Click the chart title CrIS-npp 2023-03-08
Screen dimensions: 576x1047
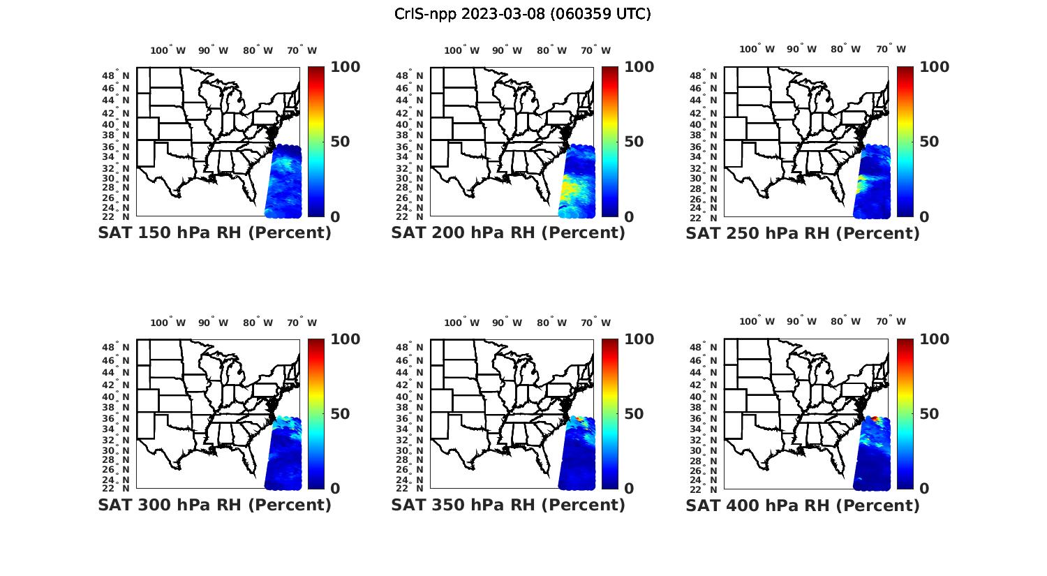coord(522,14)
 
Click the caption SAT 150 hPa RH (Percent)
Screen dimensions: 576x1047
coord(214,232)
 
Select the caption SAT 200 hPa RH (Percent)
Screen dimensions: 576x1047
coord(508,232)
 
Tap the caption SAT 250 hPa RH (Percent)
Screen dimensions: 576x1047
coord(803,232)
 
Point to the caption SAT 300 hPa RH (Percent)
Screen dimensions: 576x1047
coord(214,505)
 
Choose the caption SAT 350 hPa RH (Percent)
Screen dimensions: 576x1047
coord(508,505)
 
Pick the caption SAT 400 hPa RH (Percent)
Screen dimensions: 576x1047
coord(803,505)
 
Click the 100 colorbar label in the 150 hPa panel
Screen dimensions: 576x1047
coord(345,67)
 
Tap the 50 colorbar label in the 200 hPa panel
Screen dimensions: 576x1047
coord(634,142)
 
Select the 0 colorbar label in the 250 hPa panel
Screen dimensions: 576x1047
coord(925,216)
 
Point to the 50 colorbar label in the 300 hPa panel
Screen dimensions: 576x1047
coord(340,414)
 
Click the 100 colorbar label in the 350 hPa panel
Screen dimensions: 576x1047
coord(639,339)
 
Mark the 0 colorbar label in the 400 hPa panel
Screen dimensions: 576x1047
coord(925,489)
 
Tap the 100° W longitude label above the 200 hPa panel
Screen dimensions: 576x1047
coord(461,50)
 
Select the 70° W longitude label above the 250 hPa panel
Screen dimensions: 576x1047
coord(891,49)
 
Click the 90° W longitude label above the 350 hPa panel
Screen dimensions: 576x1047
coord(507,323)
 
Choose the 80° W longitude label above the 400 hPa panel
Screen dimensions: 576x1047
coord(845,321)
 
